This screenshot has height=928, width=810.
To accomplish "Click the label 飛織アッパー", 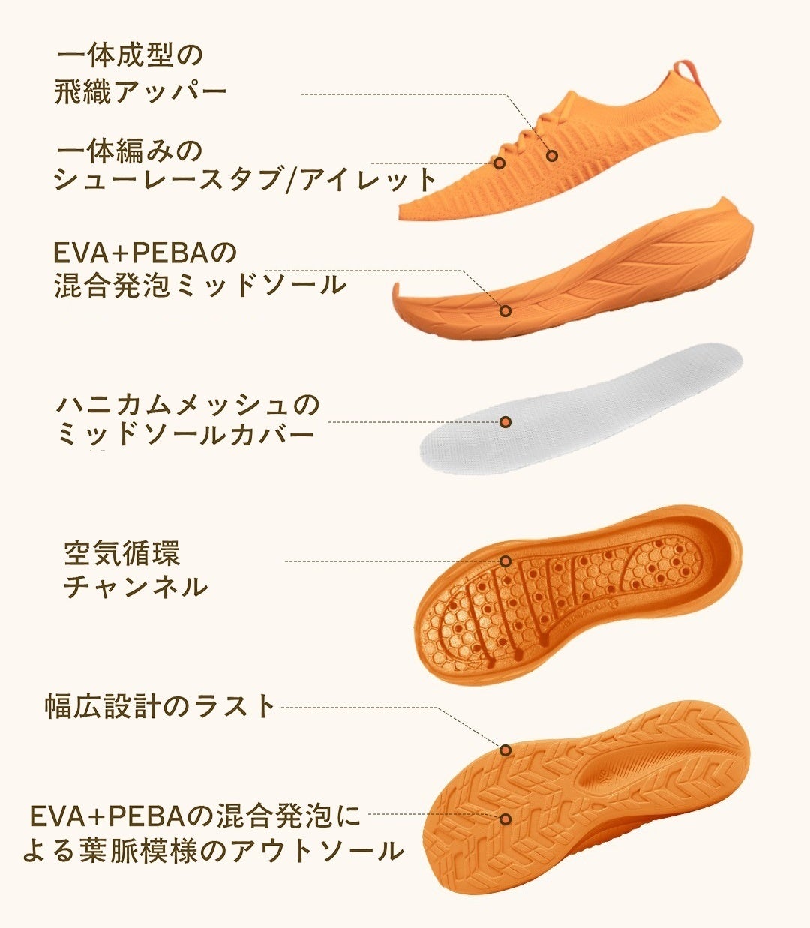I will click(x=141, y=93).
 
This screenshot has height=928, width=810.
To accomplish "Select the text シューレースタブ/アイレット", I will click(x=244, y=180).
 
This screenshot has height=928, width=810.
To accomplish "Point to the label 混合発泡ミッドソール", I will click(x=200, y=285).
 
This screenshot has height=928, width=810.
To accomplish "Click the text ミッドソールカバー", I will click(x=185, y=435).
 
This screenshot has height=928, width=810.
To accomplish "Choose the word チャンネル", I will click(x=135, y=586).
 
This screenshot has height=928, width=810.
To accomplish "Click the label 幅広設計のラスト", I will click(x=160, y=706).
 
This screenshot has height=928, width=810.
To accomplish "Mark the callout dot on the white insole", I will click(x=505, y=422).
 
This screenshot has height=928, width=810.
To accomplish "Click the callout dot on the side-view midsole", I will click(x=505, y=310).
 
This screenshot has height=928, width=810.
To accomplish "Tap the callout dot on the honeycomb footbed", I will click(x=505, y=561).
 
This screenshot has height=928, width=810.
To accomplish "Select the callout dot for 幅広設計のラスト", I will click(x=505, y=750).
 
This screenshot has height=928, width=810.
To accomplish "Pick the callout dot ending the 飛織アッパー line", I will click(x=552, y=156).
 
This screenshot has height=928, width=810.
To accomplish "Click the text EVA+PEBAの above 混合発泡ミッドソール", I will click(x=145, y=253).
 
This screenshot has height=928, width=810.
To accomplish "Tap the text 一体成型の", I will click(x=130, y=55).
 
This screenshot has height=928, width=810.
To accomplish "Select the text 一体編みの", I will click(x=130, y=150).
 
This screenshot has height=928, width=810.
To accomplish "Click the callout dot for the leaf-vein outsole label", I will click(x=505, y=819).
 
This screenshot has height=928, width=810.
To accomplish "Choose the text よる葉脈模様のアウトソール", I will click(x=213, y=851).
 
